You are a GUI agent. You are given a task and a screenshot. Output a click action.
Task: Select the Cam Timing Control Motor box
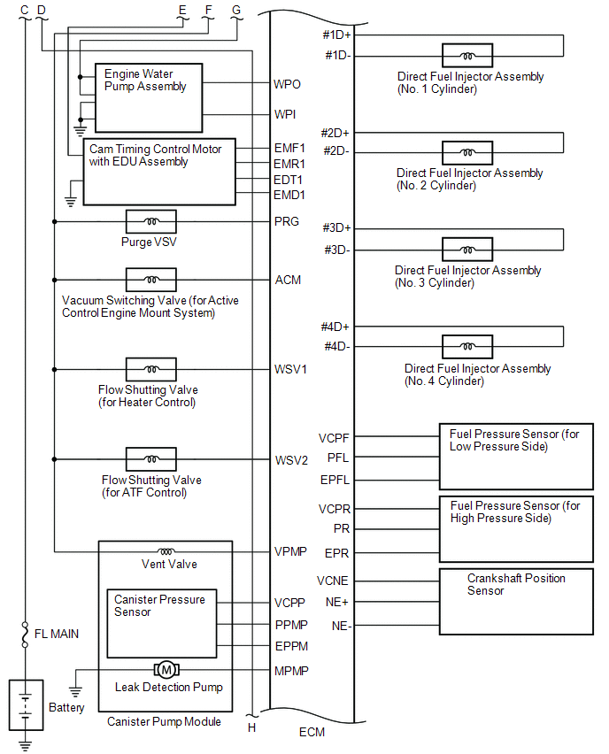[159, 172]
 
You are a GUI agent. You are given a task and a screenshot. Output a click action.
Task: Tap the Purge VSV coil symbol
[151, 221]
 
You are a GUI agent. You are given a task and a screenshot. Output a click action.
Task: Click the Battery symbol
[26, 699]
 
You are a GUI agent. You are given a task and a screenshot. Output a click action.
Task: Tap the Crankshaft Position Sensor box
[516, 602]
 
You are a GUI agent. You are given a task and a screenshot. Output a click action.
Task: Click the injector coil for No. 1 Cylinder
[468, 56]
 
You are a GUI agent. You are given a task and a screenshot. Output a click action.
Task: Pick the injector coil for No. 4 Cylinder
[468, 347]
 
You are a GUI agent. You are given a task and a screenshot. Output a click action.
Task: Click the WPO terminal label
[288, 85]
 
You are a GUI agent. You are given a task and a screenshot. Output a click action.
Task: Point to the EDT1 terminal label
[289, 180]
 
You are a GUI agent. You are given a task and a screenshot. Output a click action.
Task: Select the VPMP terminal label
[290, 552]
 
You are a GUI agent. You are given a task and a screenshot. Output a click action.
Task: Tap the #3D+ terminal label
[336, 228]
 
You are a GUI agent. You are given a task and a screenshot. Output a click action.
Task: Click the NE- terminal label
[340, 626]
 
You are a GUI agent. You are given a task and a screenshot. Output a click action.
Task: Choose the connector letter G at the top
[235, 10]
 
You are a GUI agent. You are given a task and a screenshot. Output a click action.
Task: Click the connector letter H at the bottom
[251, 727]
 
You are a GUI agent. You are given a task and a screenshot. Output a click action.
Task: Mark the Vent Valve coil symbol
[166, 551]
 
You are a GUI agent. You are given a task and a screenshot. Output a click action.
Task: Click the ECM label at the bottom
[312, 732]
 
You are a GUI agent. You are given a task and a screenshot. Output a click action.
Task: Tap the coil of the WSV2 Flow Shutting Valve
[151, 459]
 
